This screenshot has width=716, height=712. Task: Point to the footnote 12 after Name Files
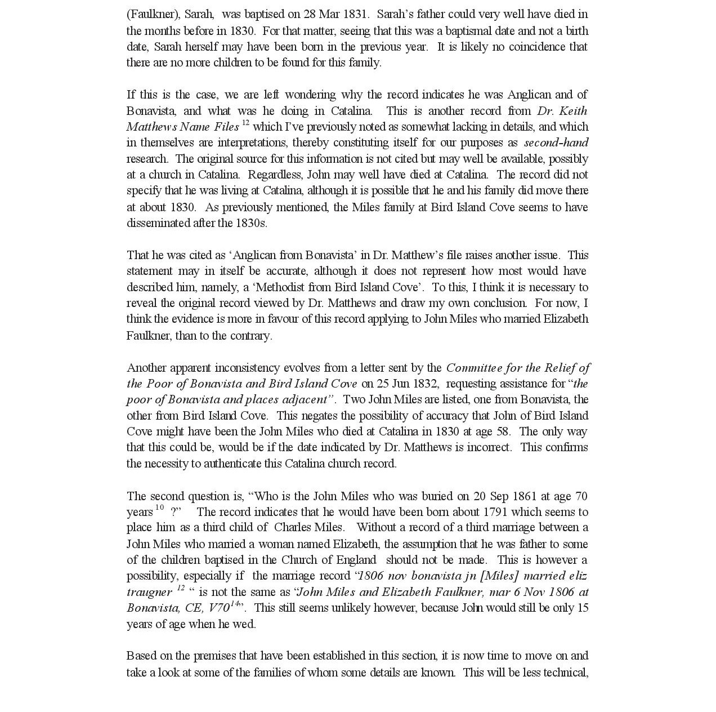coord(245,122)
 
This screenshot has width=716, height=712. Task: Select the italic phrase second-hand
coord(556,143)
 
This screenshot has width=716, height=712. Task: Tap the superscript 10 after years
coord(159,508)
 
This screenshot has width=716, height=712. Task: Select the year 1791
coord(502,512)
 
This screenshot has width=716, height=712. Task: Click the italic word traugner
coord(149,592)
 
